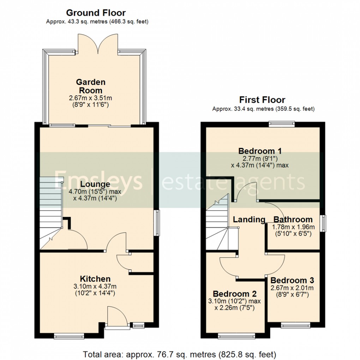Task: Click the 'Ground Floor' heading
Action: tap(96, 13)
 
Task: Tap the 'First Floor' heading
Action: tap(262, 100)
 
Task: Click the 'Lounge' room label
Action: tap(95, 184)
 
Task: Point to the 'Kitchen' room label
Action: tap(95, 279)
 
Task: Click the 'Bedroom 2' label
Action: tap(234, 294)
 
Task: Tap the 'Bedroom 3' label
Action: tap(292, 280)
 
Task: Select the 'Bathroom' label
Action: tap(293, 220)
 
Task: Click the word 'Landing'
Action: tap(249, 220)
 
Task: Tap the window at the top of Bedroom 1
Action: tap(281, 124)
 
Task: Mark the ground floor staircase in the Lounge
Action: tap(50, 212)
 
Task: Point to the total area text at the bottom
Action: tap(180, 353)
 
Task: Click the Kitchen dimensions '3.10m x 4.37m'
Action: tap(95, 286)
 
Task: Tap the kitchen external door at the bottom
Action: tap(116, 318)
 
